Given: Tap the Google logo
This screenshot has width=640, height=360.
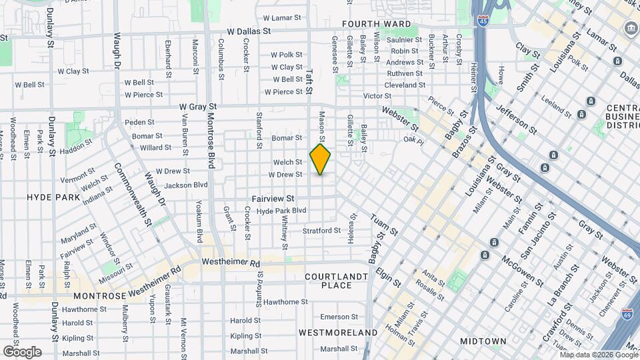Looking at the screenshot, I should (22, 352).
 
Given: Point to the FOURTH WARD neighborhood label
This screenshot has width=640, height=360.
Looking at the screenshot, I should (377, 24).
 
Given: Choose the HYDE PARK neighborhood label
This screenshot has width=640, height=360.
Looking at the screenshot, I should (53, 198).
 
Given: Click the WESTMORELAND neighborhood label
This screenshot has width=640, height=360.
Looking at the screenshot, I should (339, 332).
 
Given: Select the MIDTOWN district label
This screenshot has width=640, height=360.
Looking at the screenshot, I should (483, 341).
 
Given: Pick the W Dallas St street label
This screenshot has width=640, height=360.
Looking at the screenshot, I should (249, 31).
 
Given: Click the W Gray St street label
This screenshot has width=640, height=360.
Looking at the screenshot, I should (198, 107).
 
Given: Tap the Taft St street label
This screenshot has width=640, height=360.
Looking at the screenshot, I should (309, 81).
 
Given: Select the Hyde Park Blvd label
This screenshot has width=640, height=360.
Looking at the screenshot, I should (281, 211).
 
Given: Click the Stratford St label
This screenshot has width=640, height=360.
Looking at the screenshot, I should (321, 231).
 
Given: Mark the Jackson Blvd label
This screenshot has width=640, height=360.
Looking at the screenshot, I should (187, 185).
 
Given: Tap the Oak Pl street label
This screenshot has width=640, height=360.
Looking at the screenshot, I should (413, 140).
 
